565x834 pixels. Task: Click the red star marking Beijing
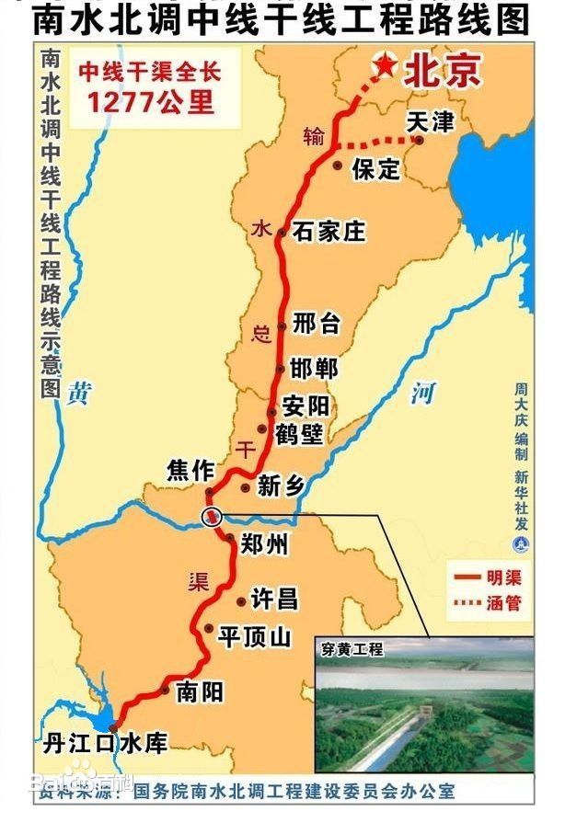pyautogui.click(x=384, y=65)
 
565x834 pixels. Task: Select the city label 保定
pyautogui.click(x=375, y=168)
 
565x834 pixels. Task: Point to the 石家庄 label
pyautogui.click(x=329, y=231)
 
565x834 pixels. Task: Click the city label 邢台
pyautogui.click(x=316, y=323)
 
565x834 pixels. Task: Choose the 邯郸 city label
pyautogui.click(x=313, y=368)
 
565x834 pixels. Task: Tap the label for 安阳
pyautogui.click(x=305, y=406)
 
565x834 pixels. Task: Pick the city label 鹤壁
pyautogui.click(x=299, y=432)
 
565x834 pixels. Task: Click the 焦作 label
pyautogui.click(x=190, y=470)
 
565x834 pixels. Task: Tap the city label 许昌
pyautogui.click(x=274, y=600)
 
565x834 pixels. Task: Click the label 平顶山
pyautogui.click(x=254, y=636)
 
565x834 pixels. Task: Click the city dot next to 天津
pyautogui.click(x=419, y=141)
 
